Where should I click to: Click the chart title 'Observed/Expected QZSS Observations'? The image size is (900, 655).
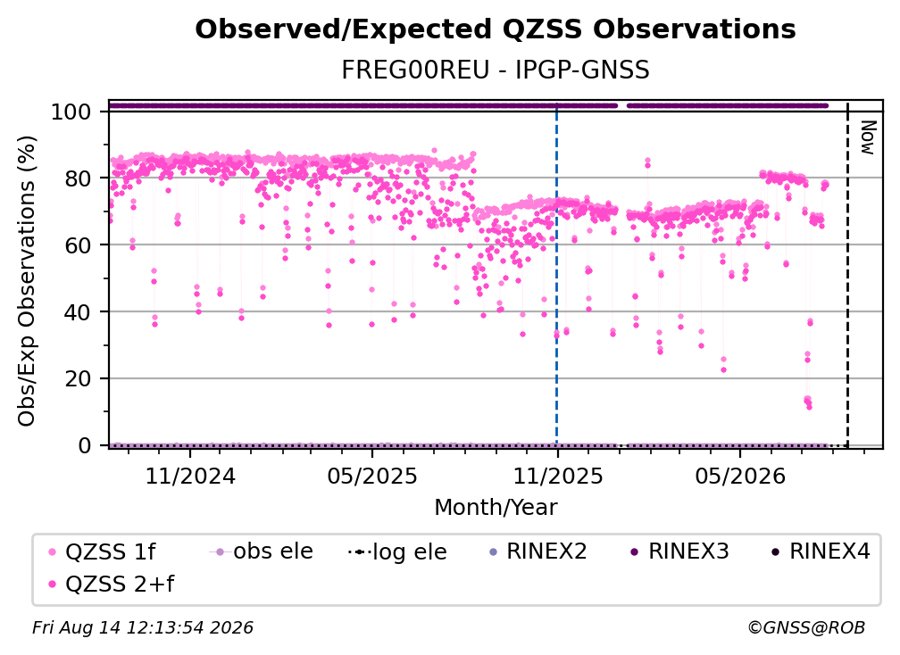496,29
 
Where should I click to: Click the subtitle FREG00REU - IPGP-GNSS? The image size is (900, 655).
496,70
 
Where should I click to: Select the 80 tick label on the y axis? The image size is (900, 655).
78,178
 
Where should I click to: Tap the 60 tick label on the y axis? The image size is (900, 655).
78,245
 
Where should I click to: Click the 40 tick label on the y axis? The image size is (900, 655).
78,312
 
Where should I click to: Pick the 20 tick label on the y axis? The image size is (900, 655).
78,379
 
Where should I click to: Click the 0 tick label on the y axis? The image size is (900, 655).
85,445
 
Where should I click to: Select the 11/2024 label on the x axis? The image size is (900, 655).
190,476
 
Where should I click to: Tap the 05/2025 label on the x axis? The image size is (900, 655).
372,476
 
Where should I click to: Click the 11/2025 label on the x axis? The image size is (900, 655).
557,476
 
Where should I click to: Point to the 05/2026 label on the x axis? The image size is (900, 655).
740,476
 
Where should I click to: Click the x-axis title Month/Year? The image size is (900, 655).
496,507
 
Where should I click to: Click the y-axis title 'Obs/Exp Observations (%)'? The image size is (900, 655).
27,281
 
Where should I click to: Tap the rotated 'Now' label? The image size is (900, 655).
868,137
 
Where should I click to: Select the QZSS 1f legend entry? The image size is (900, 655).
102,551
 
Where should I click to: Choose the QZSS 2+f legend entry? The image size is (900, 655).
112,584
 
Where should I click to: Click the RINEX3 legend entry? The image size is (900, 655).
679,551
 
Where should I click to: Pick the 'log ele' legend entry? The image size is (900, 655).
398,551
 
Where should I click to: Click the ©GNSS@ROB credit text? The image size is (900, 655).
806,627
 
